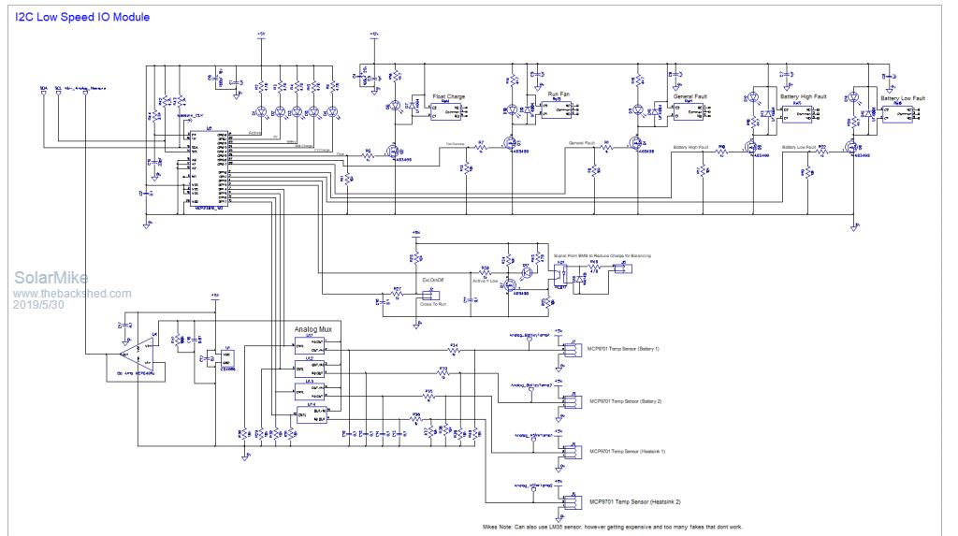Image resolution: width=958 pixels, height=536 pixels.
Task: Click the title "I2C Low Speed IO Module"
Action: (x=82, y=17)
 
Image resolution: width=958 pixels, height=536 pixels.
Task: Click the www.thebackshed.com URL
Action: (x=72, y=293)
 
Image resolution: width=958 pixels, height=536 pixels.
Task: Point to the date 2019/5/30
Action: (x=39, y=305)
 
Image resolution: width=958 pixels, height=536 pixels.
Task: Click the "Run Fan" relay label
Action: (x=559, y=94)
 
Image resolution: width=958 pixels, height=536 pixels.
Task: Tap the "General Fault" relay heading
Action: (x=692, y=95)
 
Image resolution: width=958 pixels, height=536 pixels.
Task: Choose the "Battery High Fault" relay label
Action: (x=803, y=96)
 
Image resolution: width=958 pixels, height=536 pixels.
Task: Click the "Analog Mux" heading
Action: (x=318, y=330)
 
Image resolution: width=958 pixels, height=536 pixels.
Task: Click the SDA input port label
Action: (x=43, y=88)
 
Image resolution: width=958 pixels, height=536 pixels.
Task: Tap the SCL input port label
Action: (x=58, y=88)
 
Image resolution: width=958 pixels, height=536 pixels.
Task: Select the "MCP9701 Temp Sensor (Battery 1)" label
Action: (x=623, y=349)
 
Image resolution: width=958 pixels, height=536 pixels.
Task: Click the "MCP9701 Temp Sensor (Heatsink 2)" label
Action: (x=626, y=502)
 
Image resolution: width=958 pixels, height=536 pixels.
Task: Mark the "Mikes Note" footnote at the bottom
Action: (x=614, y=528)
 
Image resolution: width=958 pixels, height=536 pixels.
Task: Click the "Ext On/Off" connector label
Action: (x=432, y=279)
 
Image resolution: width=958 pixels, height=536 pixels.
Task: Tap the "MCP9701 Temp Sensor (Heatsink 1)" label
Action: (x=626, y=451)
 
